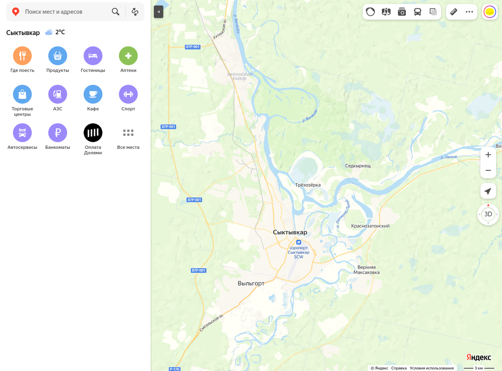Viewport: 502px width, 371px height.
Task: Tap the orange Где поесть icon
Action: pos(23,56)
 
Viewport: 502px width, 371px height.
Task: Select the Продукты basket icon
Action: pos(58,56)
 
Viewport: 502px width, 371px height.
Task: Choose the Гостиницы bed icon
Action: pos(93,56)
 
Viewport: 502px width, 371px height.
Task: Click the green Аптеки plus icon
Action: pos(128,56)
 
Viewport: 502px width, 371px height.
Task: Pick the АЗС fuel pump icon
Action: pos(58,94)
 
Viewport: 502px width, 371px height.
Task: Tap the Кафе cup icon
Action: pos(93,94)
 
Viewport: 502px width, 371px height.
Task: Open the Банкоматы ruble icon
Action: pos(58,133)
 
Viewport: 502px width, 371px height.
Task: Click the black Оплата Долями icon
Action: pos(93,133)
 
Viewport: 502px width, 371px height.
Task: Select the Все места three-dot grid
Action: pos(128,133)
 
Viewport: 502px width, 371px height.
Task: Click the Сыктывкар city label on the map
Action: pos(290,232)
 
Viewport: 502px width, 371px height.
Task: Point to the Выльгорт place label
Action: pos(251,283)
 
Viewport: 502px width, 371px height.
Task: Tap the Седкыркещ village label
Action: pos(358,166)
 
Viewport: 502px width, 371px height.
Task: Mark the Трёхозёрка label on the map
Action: pos(308,185)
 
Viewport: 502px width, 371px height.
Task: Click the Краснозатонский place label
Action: pos(370,226)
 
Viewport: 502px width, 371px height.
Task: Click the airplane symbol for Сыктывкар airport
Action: pos(299,243)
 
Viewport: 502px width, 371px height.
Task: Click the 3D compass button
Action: pos(488,214)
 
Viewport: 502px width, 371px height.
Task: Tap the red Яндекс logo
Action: pos(479,357)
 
